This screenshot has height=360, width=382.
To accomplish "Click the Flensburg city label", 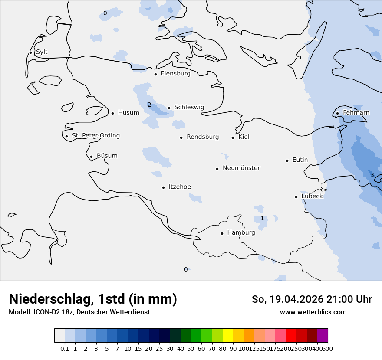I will coord(175,74).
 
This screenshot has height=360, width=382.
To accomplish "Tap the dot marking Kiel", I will coord(233,137).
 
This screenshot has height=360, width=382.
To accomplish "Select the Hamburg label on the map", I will coord(241,232).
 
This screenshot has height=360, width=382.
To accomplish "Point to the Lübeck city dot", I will coord(296,197).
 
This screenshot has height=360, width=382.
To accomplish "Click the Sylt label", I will coord(42,52).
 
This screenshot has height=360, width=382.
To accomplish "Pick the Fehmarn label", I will coord(356,113).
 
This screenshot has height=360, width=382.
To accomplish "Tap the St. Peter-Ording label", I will coord(95,136).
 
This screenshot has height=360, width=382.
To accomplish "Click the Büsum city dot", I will coord(92,157).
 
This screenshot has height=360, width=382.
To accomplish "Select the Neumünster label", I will coord(241,168).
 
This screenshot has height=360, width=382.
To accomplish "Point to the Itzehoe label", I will coord(180,187).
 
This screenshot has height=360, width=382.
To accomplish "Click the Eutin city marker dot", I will coord(287,160).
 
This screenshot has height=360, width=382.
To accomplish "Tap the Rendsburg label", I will coord(203,137).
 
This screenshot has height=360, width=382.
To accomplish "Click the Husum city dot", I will coord(113,113).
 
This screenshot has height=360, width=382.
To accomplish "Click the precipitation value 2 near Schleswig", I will coord(149,105).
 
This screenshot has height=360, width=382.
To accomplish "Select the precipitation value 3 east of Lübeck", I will coord(372,175).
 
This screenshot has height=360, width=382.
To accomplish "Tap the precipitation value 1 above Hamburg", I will coord(262,218).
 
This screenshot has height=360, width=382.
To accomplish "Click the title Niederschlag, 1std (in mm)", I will coord(93,299).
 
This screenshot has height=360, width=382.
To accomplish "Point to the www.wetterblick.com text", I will coord(313,312).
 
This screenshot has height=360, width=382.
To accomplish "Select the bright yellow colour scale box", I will coord(227,335).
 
